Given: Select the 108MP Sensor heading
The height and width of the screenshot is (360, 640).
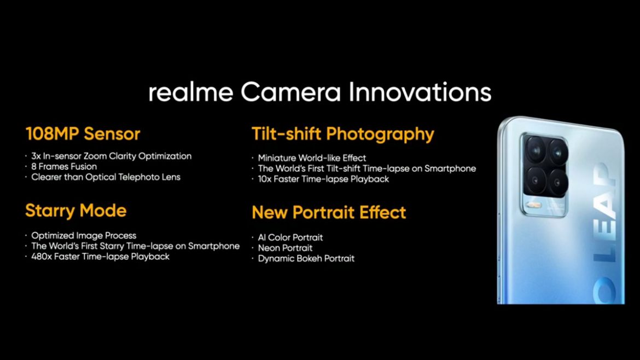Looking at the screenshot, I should point(83,134).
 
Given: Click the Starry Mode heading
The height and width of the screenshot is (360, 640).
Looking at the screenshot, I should point(75,211).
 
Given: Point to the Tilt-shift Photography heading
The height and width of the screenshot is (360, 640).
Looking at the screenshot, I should point(342,134).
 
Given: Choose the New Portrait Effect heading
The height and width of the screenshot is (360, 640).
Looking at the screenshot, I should point(329,212).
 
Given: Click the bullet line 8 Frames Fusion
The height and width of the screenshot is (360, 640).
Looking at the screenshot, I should point(64,166).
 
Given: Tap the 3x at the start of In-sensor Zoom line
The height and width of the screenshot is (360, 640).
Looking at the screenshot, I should point(37,156).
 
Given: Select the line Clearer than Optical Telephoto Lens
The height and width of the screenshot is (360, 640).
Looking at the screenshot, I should point(106,177).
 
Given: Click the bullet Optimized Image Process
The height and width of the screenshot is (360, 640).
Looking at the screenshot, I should point(84,235).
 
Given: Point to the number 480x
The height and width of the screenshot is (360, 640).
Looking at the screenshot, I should point(41,256).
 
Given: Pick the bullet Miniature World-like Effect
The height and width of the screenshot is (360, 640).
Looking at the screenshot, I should point(312,158).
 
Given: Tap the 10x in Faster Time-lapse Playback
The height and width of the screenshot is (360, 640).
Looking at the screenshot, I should point(265,179).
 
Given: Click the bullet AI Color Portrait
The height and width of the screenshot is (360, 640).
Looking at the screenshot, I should point(290,237).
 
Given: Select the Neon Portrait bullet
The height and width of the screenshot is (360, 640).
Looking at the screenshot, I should point(286,248).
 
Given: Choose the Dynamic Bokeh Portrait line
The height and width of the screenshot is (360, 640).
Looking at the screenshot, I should point(306,258).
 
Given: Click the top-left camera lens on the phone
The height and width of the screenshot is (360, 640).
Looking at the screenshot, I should point(534,148).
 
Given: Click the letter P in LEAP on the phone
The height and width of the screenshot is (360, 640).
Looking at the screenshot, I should point(605,178).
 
